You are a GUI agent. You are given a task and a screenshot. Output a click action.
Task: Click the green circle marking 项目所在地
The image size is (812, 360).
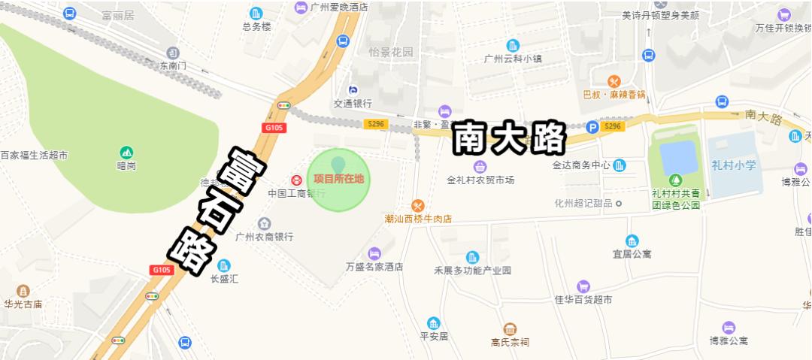pos(339,179)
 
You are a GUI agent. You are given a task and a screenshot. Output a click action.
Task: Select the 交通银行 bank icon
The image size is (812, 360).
pos(353,90)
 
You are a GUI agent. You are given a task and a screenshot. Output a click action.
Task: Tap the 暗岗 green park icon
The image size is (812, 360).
pos(126,153)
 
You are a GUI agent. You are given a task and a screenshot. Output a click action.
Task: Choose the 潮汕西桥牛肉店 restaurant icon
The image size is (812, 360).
pos(418,205)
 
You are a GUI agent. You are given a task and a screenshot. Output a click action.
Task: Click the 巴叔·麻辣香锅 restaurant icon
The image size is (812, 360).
pos(614,81)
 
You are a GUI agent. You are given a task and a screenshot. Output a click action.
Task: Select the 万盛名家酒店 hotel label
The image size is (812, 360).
pos(374,267)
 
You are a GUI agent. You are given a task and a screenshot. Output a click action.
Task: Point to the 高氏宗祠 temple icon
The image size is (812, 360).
pos(510,329)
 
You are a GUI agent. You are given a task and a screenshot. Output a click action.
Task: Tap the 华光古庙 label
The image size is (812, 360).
pos(23,304)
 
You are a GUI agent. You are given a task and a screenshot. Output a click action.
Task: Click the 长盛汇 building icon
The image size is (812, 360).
pos(224,265)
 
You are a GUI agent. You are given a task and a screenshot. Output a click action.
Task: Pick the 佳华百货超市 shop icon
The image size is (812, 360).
pos(583,286)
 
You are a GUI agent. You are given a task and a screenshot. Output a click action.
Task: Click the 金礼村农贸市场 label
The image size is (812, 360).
pos(480,180)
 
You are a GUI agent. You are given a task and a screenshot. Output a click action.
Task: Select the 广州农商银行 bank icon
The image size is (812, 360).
pos(264,224)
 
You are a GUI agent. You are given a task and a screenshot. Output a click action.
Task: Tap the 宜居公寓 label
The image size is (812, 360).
pos(632,253)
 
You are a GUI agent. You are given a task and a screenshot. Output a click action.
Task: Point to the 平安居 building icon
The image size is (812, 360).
pos(433,323)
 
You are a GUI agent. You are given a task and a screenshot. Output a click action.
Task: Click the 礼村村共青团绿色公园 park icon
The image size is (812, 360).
pos(675,180)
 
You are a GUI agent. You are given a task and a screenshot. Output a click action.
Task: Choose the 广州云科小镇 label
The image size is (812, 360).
pos(513,59)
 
